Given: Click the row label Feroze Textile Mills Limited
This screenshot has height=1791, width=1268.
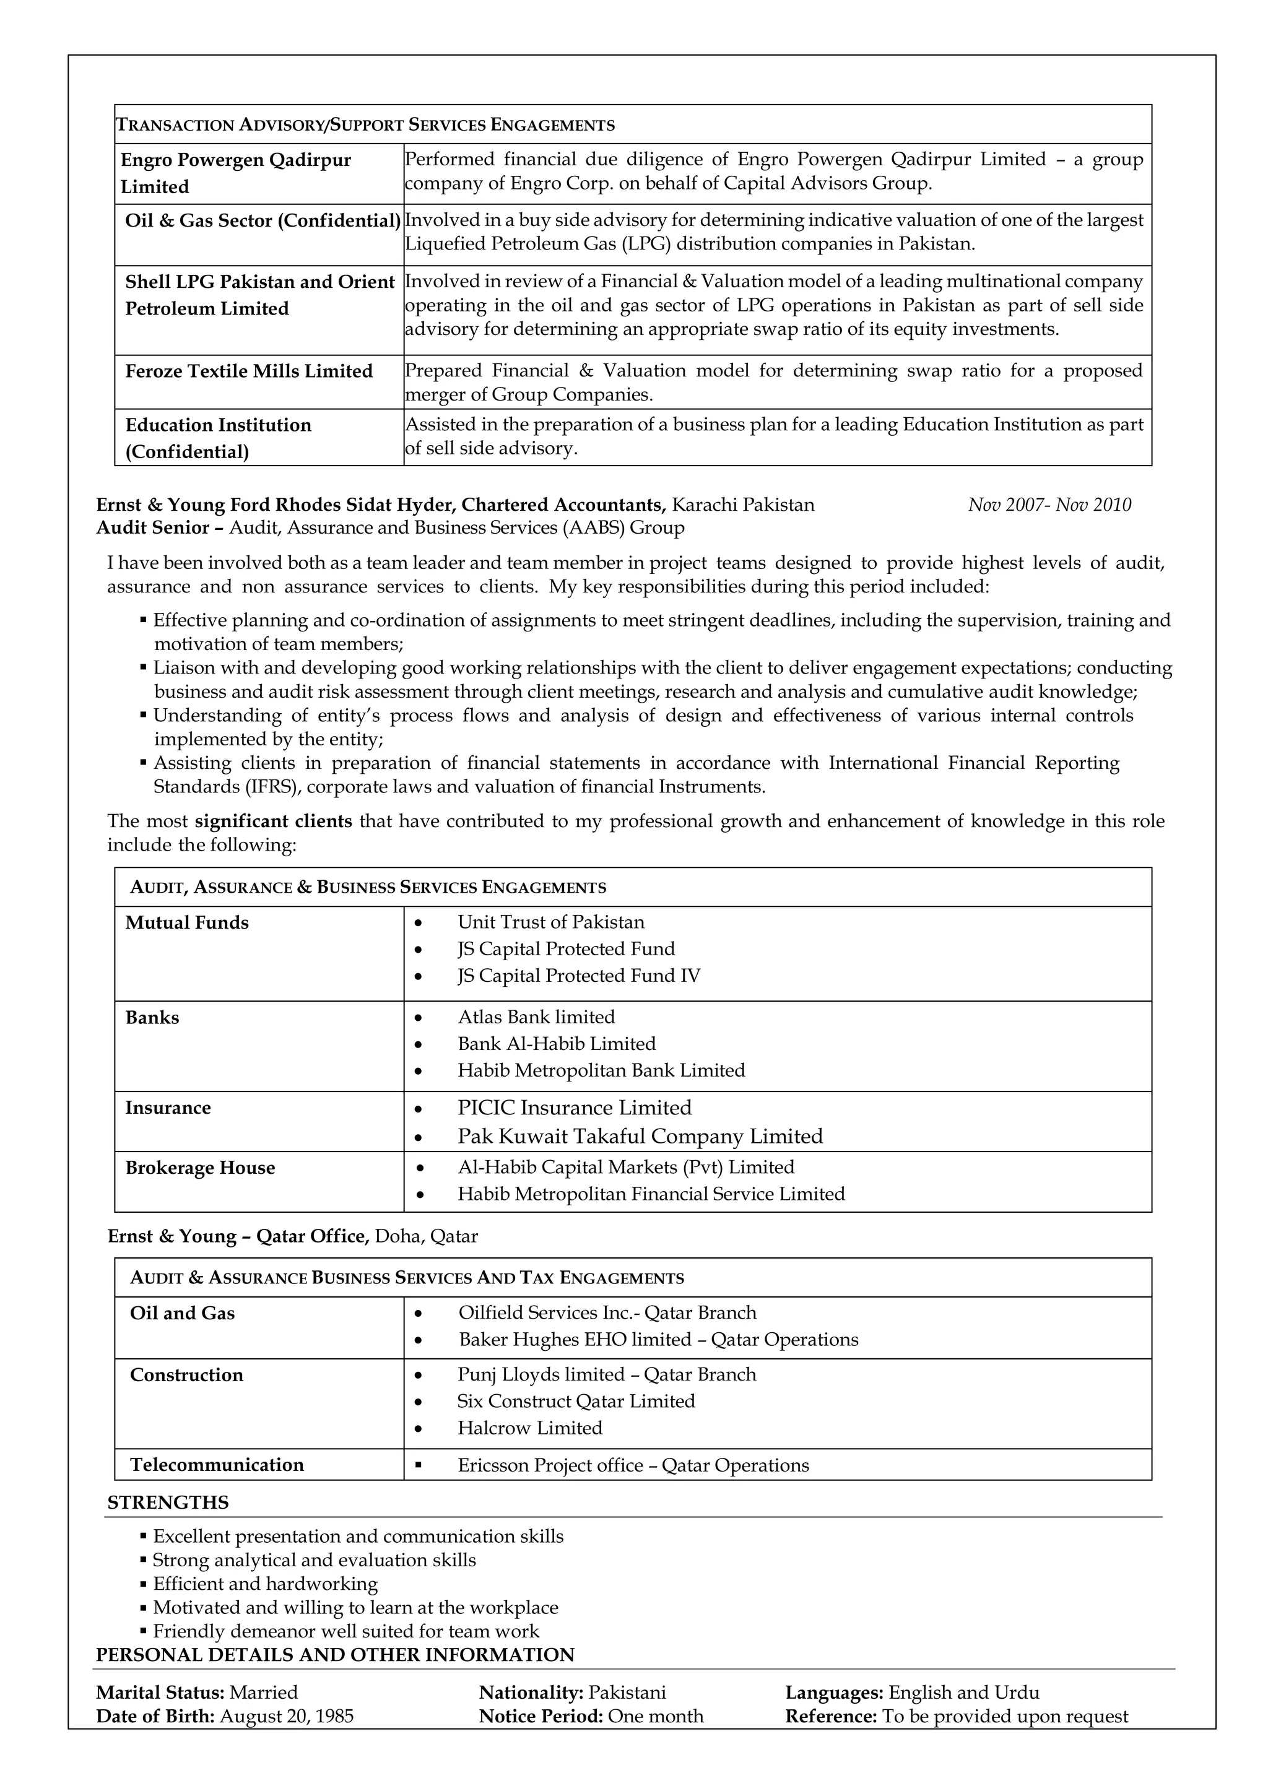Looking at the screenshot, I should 248,371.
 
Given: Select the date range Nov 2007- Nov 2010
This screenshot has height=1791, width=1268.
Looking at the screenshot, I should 1049,505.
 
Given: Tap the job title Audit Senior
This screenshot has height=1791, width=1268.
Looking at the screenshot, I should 152,528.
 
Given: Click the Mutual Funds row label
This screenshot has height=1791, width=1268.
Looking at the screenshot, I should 186,923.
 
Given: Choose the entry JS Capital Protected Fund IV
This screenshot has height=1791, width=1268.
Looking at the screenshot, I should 578,976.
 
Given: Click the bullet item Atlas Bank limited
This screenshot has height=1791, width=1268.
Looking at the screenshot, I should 536,1017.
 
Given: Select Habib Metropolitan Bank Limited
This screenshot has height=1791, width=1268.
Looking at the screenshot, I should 601,1070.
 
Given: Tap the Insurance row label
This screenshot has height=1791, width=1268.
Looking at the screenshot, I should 168,1108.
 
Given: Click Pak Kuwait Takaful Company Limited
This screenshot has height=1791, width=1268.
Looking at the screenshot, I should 640,1136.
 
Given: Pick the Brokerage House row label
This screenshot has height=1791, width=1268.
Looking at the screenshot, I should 200,1168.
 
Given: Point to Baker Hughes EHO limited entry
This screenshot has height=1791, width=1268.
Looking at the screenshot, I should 658,1340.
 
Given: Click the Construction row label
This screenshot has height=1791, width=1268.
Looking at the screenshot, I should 186,1375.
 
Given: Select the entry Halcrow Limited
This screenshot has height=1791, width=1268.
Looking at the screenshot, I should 529,1428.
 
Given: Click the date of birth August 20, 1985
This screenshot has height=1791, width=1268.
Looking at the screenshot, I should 287,1717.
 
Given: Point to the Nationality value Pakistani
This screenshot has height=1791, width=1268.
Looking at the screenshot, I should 627,1693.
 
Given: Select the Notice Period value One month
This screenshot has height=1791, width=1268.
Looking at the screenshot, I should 655,1717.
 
